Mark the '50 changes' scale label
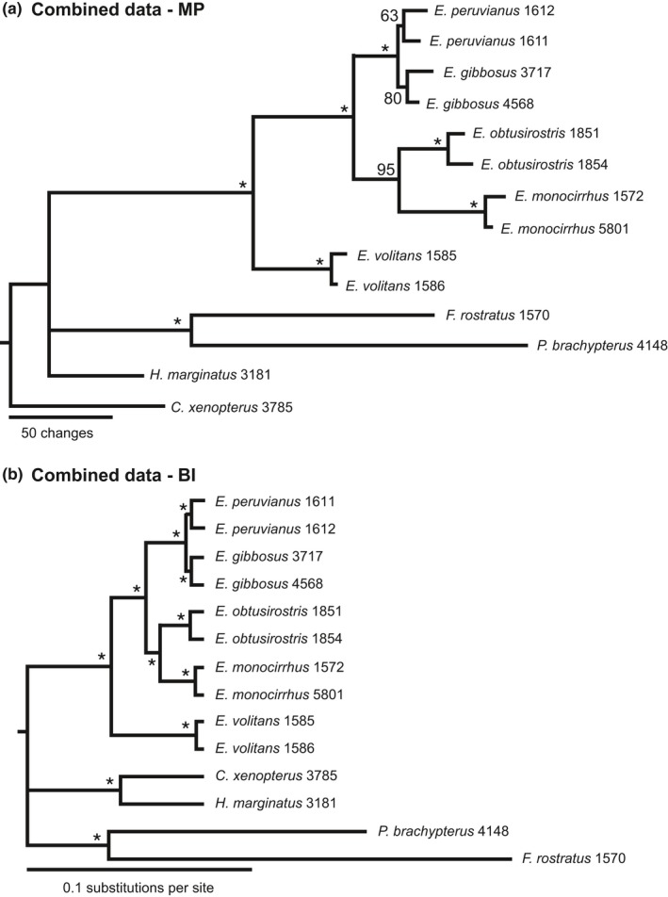[x=60, y=432]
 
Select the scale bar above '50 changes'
[x=61, y=416]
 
